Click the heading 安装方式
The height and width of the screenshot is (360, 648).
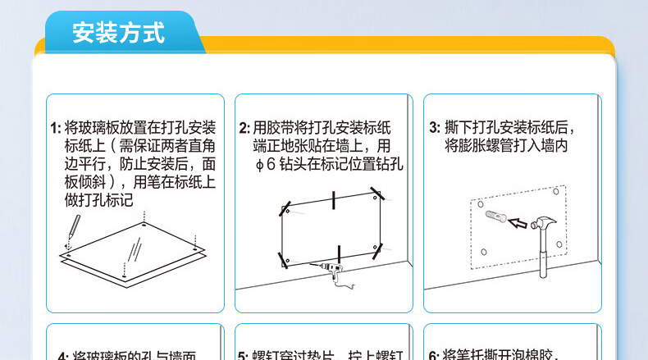pyautogui.click(x=118, y=34)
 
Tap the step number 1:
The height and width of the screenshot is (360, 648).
pyautogui.click(x=56, y=128)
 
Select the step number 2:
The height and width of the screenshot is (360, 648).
pyautogui.click(x=244, y=128)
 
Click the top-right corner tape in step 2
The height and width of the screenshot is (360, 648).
pyautogui.click(x=375, y=194)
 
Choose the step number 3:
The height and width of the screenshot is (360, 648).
pyautogui.click(x=435, y=128)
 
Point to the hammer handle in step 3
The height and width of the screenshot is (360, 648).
pyautogui.click(x=542, y=258)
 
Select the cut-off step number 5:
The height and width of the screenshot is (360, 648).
pyautogui.click(x=244, y=355)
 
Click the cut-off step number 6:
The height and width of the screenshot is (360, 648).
pyautogui.click(x=435, y=355)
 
